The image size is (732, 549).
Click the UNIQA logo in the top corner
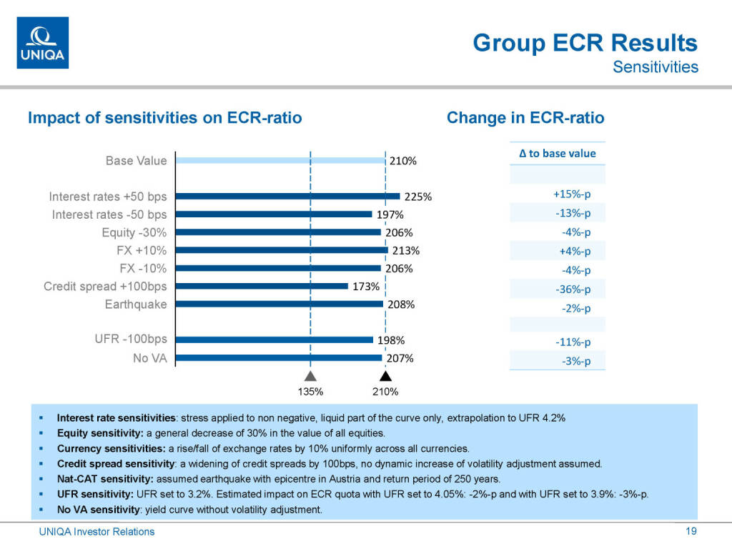[43, 43]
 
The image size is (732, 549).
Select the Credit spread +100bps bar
[262, 286]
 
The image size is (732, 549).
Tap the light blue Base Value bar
[280, 161]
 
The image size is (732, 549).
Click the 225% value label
[418, 197]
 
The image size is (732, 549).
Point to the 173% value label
[365, 287]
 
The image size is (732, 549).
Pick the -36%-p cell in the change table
[573, 290]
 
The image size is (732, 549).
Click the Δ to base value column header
[557, 153]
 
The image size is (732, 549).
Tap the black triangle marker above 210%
[385, 376]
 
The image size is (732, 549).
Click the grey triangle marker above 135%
[310, 376]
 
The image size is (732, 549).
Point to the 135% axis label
[310, 392]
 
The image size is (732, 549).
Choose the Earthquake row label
[136, 305]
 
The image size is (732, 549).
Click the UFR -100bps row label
[131, 339]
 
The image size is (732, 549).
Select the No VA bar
[279, 357]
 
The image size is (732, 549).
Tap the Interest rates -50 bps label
[109, 214]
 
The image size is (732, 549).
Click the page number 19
[691, 531]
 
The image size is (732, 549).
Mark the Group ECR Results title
[585, 43]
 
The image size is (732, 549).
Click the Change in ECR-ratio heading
[525, 118]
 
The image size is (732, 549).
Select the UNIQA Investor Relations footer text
[97, 531]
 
